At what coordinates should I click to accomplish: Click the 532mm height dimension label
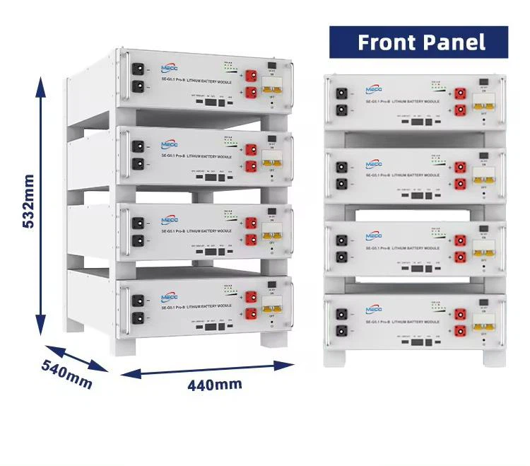pos(29,201)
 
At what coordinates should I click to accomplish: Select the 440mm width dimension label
pos(214,385)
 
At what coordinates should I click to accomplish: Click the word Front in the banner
pos(387,42)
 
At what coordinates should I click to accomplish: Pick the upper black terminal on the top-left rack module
pos(139,70)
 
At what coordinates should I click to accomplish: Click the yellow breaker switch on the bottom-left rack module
pos(269,305)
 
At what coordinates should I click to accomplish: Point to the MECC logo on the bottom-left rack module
pos(170,298)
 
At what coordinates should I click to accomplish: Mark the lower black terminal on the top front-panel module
pos(343,109)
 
